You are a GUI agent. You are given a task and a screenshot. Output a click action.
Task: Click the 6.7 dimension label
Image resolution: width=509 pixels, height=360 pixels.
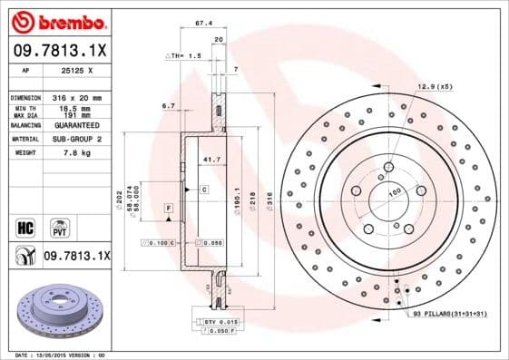coord(168,107)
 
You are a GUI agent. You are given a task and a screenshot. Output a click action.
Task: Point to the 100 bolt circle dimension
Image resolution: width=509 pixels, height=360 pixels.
coord(395,192)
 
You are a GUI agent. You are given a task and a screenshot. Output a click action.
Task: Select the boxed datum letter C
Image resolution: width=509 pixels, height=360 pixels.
coord(204,190)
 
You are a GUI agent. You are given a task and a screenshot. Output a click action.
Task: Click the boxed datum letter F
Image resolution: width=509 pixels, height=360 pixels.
coord(168,209)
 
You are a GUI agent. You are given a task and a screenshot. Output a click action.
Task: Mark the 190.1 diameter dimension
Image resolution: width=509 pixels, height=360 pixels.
coord(237,197)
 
